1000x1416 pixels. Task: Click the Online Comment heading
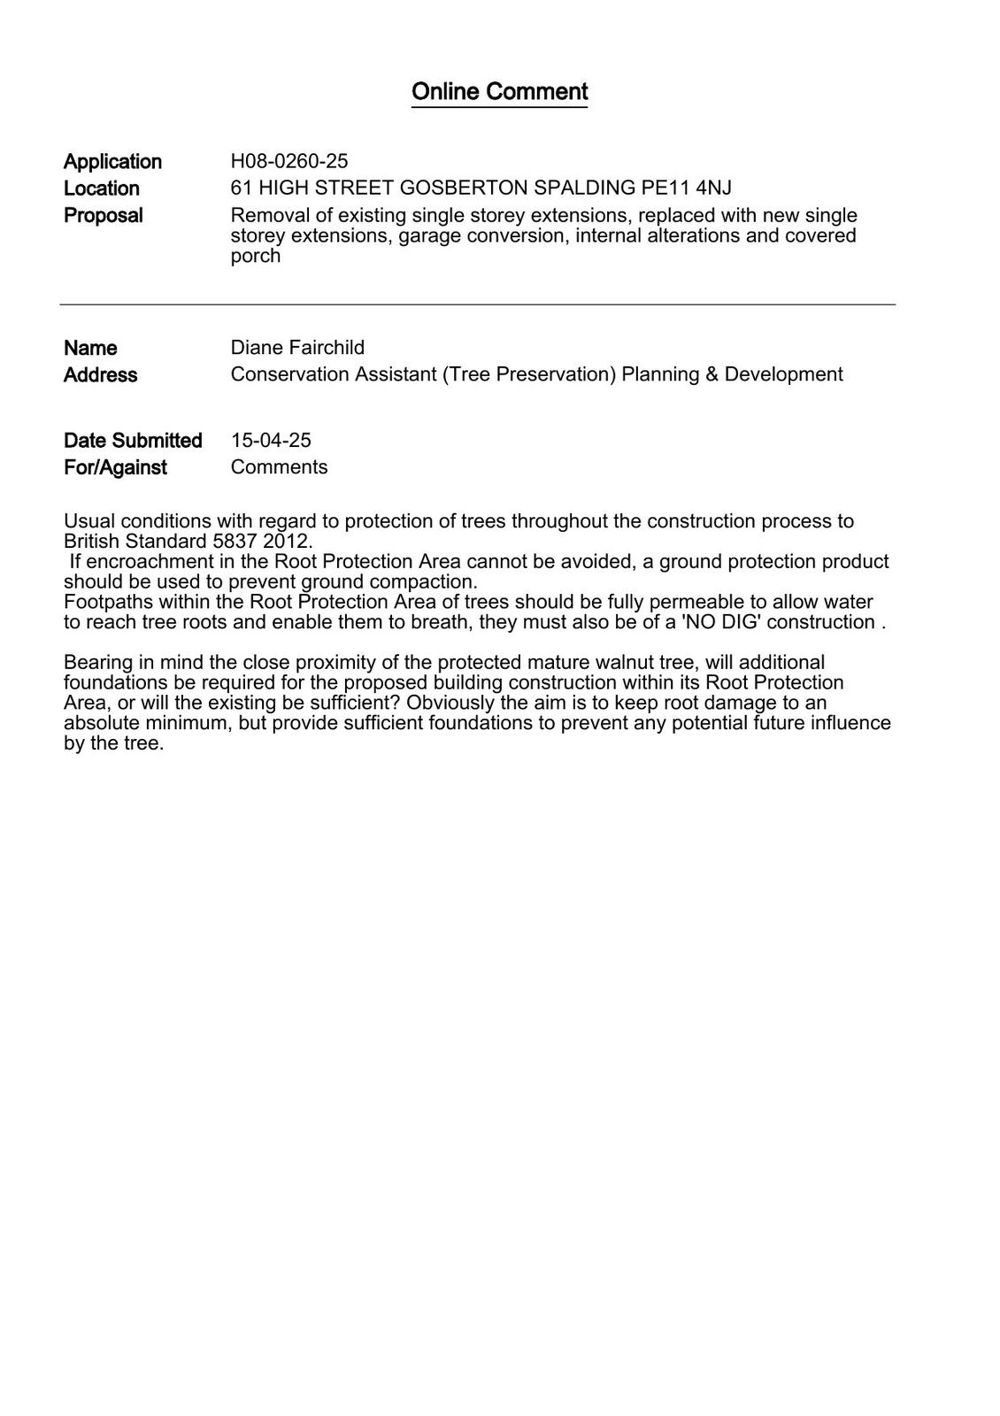499,92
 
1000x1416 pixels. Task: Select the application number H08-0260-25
289,161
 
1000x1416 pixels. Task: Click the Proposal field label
103,216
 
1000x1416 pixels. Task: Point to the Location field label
102,189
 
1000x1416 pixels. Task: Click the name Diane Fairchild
297,348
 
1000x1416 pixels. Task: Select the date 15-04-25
271,441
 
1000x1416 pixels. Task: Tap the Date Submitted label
133,441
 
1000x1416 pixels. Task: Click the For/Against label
115,467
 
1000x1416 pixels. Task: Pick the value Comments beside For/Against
279,467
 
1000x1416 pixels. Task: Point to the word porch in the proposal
255,256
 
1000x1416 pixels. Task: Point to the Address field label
100,375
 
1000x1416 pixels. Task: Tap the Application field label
112,162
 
